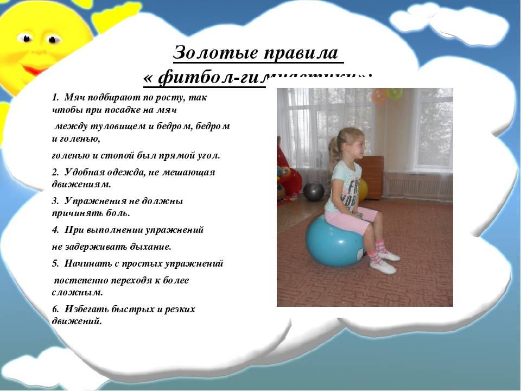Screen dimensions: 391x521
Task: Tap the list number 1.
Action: pos(55,98)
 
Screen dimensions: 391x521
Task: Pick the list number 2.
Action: pos(55,172)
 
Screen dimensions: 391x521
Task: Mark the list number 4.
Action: pos(55,230)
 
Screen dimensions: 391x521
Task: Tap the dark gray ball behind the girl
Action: pos(313,191)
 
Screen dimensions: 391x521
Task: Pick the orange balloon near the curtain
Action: pos(379,96)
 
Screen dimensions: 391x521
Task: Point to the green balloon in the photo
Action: pos(395,93)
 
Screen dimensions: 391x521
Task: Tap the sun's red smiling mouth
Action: pos(35,70)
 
